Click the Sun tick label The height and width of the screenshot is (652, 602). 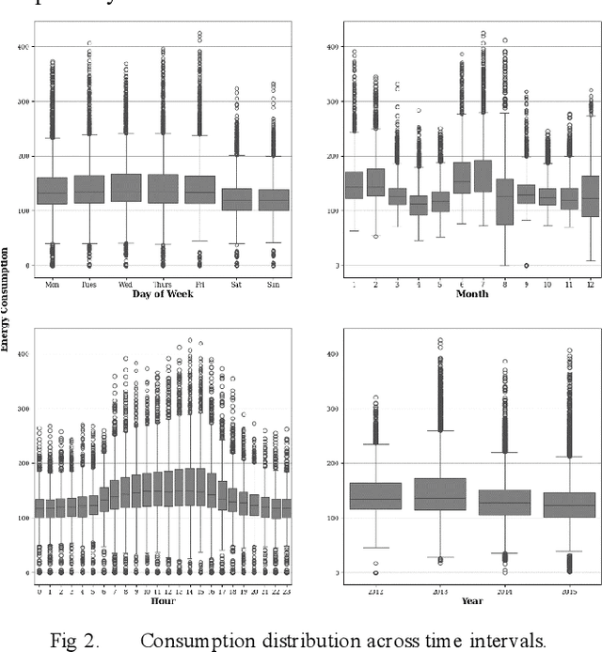[273, 283]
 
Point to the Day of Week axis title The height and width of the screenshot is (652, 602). [162, 293]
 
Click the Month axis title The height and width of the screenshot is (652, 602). [471, 293]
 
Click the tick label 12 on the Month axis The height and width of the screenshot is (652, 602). [588, 283]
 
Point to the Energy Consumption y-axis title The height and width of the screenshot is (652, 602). [6, 300]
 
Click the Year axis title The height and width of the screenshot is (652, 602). [471, 599]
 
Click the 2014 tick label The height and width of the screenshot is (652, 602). [504, 590]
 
